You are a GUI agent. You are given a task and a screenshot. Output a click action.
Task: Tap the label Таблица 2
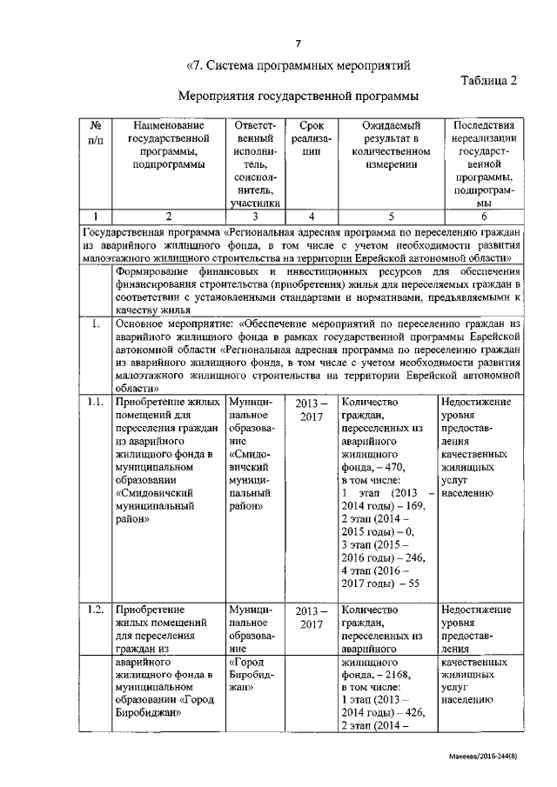coord(488,81)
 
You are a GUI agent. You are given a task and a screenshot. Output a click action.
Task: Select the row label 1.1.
coord(96,403)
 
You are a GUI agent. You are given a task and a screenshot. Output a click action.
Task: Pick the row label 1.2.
coord(96,609)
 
